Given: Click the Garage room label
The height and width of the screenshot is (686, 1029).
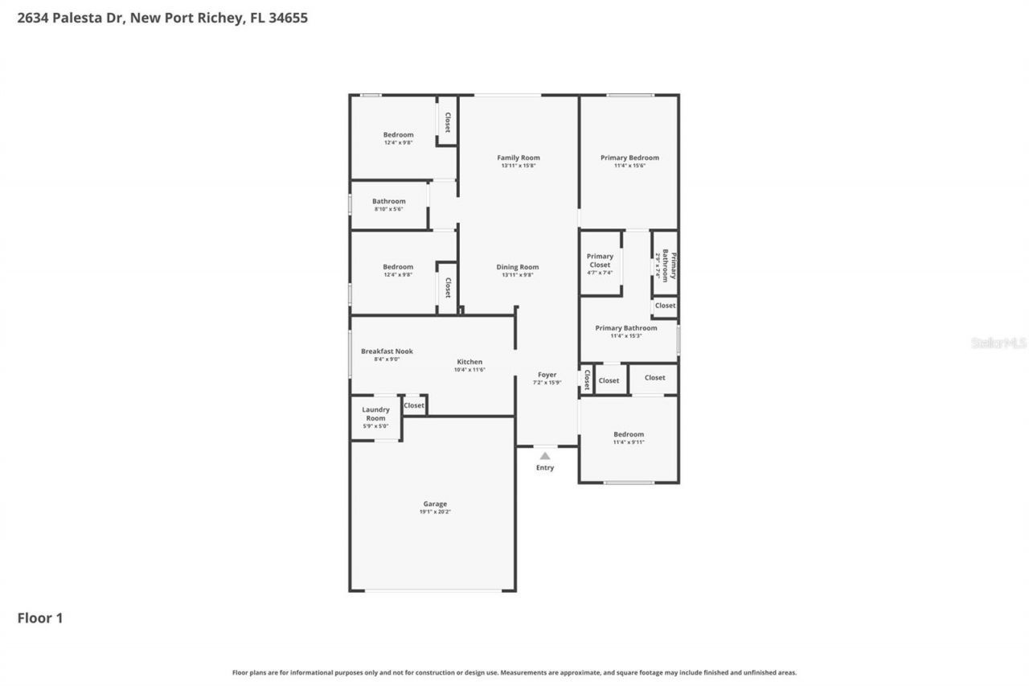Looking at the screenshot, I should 435,504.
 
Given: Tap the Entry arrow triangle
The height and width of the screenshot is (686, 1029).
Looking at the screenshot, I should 545,456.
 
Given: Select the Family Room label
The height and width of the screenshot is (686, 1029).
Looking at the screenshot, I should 519,158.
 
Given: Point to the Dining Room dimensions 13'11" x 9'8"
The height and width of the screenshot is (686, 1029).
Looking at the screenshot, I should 518,275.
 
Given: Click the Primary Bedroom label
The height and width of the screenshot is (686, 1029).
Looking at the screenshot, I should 629,158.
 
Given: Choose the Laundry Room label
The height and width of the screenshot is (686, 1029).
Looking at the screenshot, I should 375,413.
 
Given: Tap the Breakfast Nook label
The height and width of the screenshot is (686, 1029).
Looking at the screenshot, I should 387,351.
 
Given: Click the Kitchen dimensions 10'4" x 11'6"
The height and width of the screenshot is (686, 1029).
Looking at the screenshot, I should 470,370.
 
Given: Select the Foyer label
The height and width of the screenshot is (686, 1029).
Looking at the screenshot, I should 547,375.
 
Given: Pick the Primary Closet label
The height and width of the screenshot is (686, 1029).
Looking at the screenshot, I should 600,261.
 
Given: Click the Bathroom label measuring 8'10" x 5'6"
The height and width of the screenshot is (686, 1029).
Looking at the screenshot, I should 389,201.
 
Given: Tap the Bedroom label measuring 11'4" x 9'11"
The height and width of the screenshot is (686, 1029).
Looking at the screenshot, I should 628,434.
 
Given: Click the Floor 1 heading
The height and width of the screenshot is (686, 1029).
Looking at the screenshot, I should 40,618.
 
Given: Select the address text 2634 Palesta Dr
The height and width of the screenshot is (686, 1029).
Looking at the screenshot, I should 70,17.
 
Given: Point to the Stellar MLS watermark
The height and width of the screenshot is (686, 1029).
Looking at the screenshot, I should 998,343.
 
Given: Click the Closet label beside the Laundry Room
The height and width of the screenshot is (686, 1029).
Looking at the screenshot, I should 414,405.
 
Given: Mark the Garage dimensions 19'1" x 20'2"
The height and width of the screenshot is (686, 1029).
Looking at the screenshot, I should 435,512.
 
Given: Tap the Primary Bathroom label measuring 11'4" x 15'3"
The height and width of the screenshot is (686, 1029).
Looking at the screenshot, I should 626,328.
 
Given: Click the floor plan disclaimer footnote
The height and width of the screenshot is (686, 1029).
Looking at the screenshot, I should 514,672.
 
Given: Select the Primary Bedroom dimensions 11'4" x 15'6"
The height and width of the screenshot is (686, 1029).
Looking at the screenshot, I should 629,166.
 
